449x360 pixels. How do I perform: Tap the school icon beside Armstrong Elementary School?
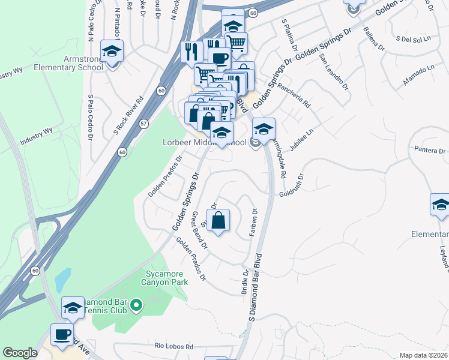(112, 52)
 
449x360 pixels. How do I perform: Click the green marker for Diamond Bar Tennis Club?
(136, 307)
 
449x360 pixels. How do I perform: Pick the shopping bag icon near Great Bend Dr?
(218, 219)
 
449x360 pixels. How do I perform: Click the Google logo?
(20, 352)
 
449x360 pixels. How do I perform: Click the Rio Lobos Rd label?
(173, 347)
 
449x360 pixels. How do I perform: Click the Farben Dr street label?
(255, 221)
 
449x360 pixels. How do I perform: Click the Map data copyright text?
(423, 355)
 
